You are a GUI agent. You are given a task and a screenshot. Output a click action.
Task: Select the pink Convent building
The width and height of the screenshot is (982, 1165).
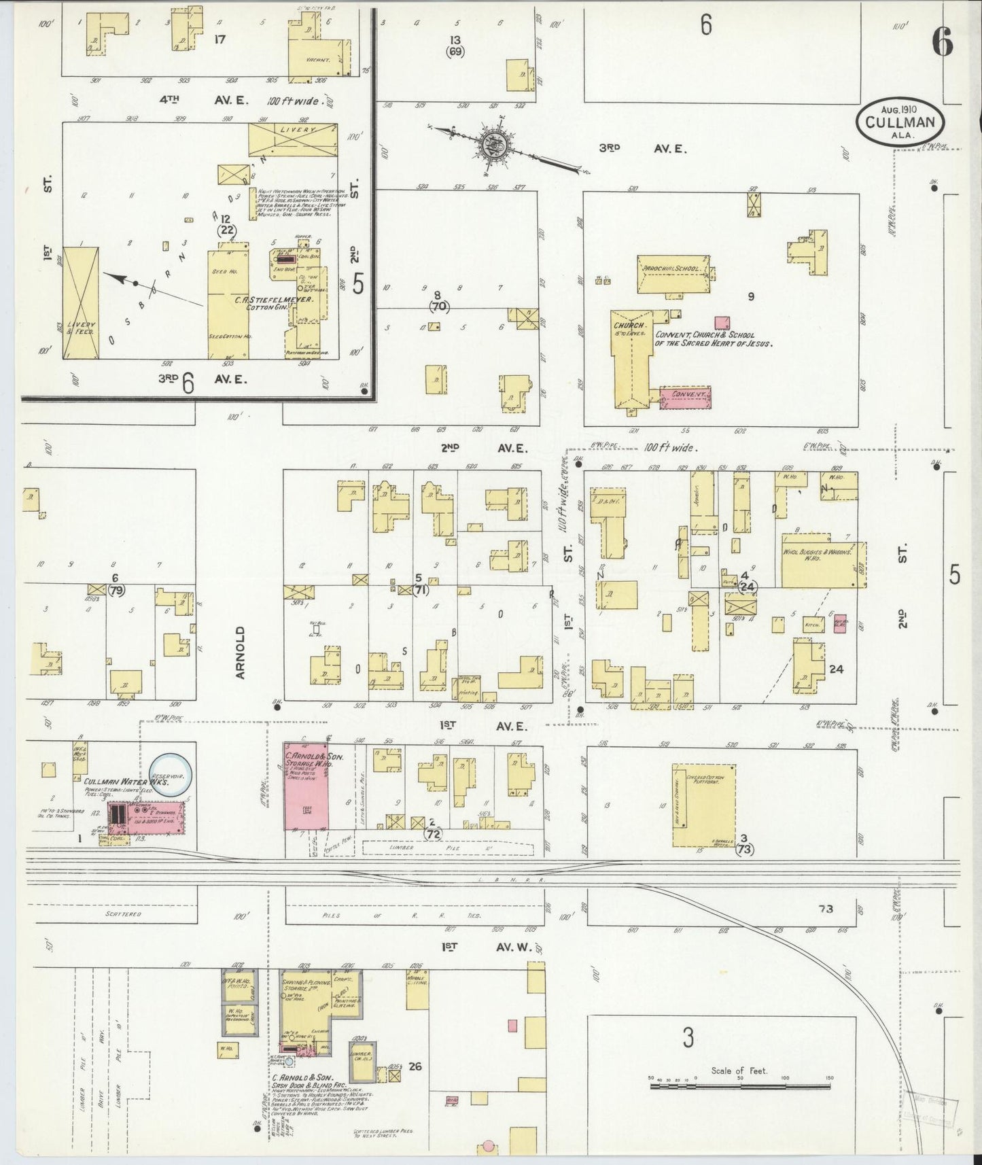click(x=685, y=397)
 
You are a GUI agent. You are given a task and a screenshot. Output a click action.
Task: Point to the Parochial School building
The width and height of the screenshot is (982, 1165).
click(x=673, y=274)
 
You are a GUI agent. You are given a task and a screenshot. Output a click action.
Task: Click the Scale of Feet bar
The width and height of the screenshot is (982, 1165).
click(x=740, y=1086)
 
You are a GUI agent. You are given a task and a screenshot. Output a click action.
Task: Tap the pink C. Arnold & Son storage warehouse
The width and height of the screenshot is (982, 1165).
click(x=306, y=786)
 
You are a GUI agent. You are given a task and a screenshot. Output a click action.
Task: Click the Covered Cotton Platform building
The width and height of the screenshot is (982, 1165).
click(x=704, y=805)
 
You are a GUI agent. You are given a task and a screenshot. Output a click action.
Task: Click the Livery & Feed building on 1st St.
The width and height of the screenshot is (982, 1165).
click(x=81, y=303)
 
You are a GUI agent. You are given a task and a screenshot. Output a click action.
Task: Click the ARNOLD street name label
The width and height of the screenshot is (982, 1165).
click(x=240, y=653)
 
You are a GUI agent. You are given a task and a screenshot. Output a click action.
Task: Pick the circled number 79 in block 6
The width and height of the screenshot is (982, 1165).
click(x=116, y=590)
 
